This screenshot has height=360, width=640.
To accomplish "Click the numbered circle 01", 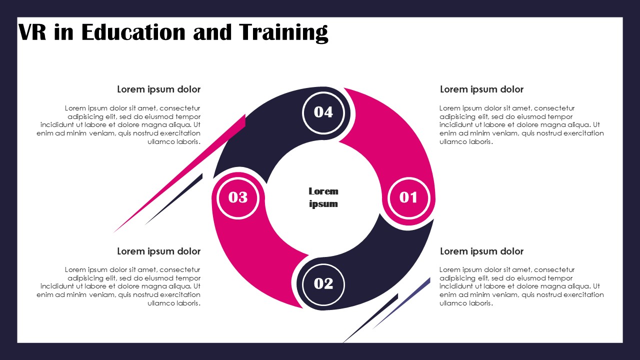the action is point(409,197).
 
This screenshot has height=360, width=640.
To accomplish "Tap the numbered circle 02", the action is point(323,284).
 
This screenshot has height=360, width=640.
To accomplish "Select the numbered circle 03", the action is point(238,197).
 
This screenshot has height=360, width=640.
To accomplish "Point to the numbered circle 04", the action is point(323,112).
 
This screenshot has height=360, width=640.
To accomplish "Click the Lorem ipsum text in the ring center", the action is point(323,197).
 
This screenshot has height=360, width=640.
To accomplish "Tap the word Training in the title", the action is point(283,33).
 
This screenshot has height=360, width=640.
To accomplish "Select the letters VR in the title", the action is point(32,32).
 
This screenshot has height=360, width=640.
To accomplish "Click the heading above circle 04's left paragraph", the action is point(159,89).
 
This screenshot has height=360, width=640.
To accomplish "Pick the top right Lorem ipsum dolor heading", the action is point(481,89).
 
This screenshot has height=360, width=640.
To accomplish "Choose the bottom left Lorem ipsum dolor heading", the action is point(159,251).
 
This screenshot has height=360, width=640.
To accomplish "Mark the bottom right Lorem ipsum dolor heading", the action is point(481,251).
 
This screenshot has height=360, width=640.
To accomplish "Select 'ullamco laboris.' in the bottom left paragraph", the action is point(174,303).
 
